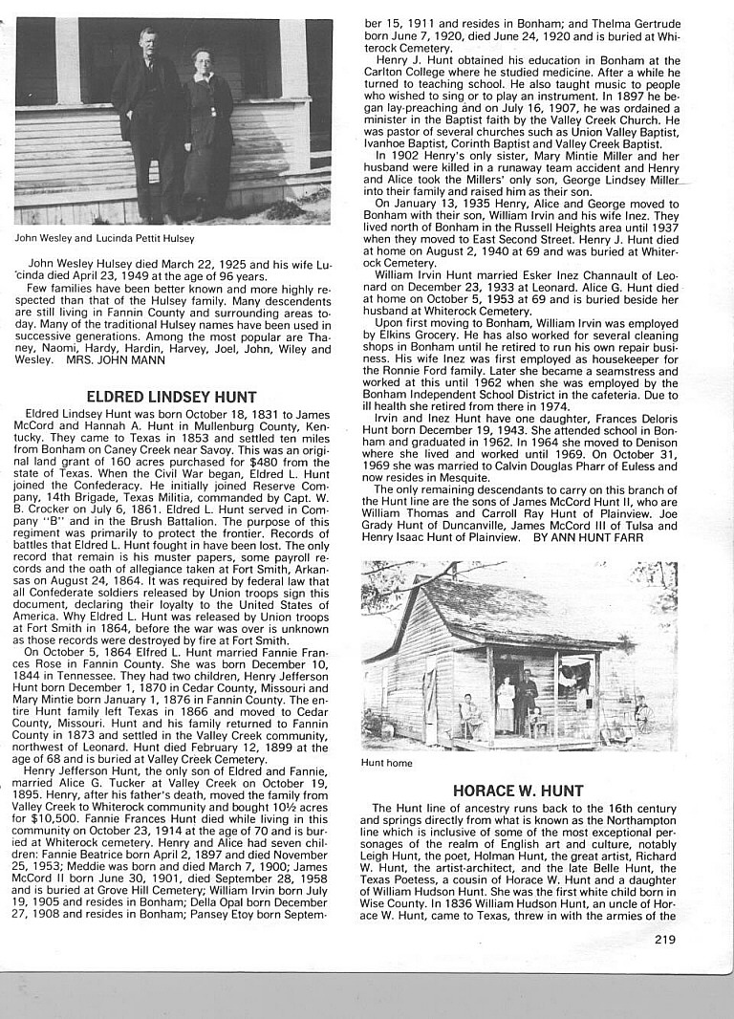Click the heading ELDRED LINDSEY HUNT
[171, 397]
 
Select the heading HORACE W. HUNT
[519, 791]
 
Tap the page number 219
[665, 939]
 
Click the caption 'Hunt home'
[387, 763]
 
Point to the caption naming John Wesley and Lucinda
[104, 238]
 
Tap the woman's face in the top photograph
[201, 59]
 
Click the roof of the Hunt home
[507, 612]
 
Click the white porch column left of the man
[68, 59]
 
